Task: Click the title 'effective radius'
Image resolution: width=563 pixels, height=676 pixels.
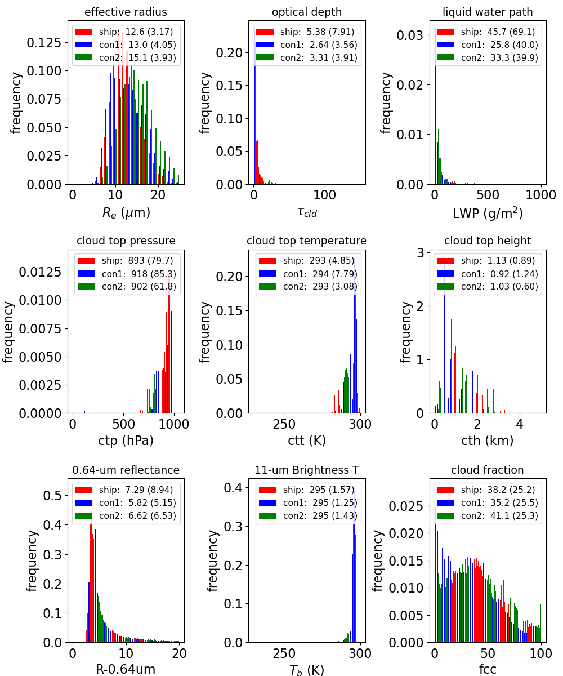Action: (126, 12)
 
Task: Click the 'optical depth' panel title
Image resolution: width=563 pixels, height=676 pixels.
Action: (307, 12)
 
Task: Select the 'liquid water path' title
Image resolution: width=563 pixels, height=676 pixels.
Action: (488, 12)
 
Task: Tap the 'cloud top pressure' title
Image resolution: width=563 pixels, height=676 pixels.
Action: (126, 241)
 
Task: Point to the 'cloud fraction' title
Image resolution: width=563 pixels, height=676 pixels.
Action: (488, 470)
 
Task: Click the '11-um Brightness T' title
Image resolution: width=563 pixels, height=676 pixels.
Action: (307, 470)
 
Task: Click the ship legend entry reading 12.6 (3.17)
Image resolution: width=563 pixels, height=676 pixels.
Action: (124, 32)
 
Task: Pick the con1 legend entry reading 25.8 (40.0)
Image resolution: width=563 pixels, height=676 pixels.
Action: (488, 45)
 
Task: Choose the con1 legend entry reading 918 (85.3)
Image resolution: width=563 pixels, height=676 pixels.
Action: (127, 274)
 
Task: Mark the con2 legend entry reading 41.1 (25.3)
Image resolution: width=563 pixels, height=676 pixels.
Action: (488, 515)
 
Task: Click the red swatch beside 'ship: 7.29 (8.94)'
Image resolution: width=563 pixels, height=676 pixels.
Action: (84, 490)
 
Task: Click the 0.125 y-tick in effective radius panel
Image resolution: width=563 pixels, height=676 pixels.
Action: (44, 42)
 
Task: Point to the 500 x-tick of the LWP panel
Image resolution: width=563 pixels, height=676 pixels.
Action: (488, 195)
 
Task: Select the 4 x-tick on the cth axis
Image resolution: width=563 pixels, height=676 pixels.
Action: (519, 424)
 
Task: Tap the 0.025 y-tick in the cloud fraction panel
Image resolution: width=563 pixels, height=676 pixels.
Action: (406, 506)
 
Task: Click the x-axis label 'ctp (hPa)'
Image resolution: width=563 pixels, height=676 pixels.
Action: (126, 441)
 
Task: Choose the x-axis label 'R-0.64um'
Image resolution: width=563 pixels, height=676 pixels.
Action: (126, 669)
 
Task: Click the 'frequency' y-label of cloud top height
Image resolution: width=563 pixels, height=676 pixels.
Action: (405, 332)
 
